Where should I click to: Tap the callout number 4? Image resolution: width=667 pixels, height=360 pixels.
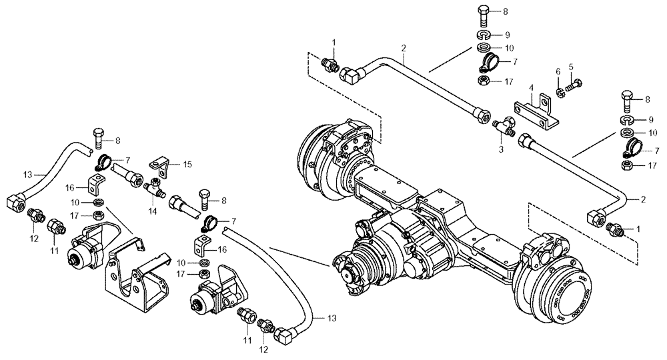[531, 88]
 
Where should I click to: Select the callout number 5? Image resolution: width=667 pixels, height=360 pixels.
[571, 67]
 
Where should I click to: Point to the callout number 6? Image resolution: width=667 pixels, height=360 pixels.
[558, 71]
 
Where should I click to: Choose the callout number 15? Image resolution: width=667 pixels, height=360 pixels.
[187, 163]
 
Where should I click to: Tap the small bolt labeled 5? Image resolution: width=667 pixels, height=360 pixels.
[575, 84]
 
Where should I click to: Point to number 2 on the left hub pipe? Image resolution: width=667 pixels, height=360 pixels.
[404, 47]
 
